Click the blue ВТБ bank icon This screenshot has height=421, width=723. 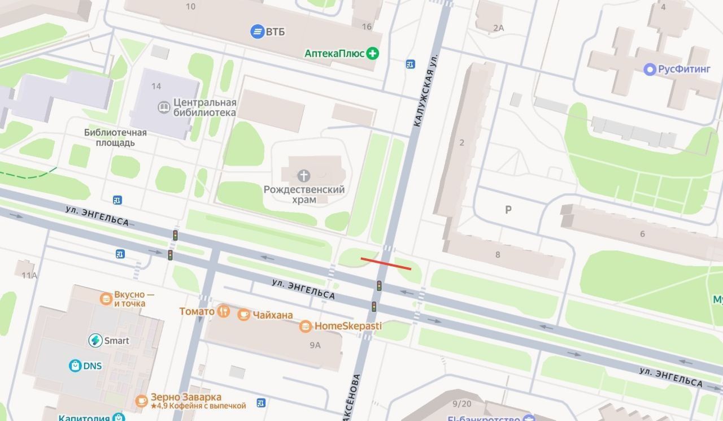pos(258,31)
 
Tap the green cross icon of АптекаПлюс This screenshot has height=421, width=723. pos(372,54)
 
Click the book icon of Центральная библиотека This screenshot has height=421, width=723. pos(164,107)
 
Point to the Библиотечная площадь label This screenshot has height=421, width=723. pos(115,137)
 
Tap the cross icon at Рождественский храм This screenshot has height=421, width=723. pos(304,175)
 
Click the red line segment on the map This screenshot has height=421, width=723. pos(386,263)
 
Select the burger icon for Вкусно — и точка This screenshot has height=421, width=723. pos(106,298)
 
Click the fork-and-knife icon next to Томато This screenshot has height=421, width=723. pos(224,311)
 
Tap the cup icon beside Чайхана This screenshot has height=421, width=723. pos(243,315)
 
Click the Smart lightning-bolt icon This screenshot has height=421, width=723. pos(95,340)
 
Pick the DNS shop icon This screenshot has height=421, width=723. pos(75,366)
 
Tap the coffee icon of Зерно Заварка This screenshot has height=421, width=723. pos(141,401)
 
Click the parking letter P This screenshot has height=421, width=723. pos(508,210)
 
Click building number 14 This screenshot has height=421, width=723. pos(156,86)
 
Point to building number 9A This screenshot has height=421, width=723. pos(315,345)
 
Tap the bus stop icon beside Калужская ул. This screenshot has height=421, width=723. pos(410,64)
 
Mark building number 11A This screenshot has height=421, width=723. pos(29,275)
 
